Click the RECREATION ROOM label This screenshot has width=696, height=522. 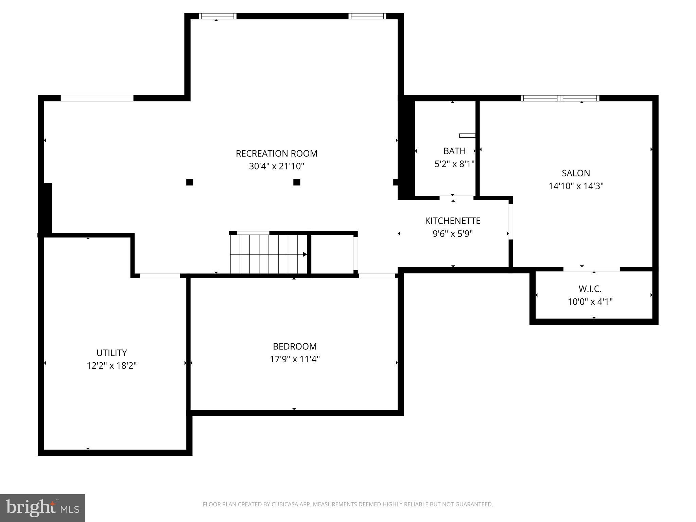pos(276,154)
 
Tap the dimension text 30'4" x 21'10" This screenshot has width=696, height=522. pos(276,167)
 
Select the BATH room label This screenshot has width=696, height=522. pos(454,151)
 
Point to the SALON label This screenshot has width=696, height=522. pos(576,173)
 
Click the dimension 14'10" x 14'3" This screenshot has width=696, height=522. pos(576,186)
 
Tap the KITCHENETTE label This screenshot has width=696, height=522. pos(452,221)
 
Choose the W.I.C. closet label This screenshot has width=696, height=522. pos(590,289)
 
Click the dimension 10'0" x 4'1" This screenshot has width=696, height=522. pos(590,302)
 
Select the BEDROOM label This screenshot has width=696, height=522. pos(295,347)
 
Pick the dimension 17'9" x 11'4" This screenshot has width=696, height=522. pos(295,359)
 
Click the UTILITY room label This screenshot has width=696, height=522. pos(111,353)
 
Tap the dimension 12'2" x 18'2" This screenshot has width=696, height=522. pos(111,366)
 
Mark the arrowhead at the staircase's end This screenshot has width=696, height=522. pos(305,254)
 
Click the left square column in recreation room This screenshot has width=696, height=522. pos(190,182)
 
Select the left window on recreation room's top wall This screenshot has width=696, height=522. pos(217,16)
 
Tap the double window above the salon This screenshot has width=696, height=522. pos(560,98)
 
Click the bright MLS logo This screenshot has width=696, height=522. pos(42,508)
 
